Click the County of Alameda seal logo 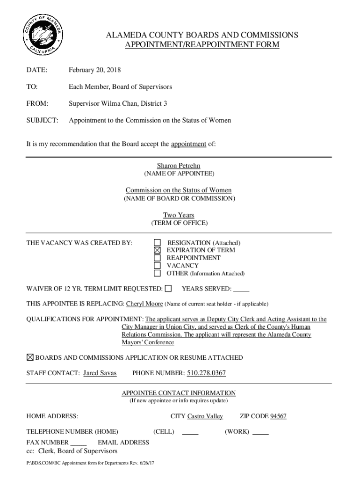pos(42,36)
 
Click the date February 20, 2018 pos(94,70)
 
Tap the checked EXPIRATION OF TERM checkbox pos(158,250)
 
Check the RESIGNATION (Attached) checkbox pos(158,243)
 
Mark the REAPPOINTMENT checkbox pos(158,258)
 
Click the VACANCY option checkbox pos(158,265)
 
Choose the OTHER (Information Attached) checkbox pos(158,273)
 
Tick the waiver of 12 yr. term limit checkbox pos(168,288)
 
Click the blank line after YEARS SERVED pos(241,289)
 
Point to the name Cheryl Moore pos(144,304)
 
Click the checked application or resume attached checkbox pos(30,357)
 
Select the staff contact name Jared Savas pos(100,373)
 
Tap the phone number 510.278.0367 pos(206,373)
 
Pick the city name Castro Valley pos(205,416)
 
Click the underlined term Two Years pos(178,215)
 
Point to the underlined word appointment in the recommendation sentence pos(188,144)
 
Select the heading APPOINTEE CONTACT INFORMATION pos(179,393)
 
